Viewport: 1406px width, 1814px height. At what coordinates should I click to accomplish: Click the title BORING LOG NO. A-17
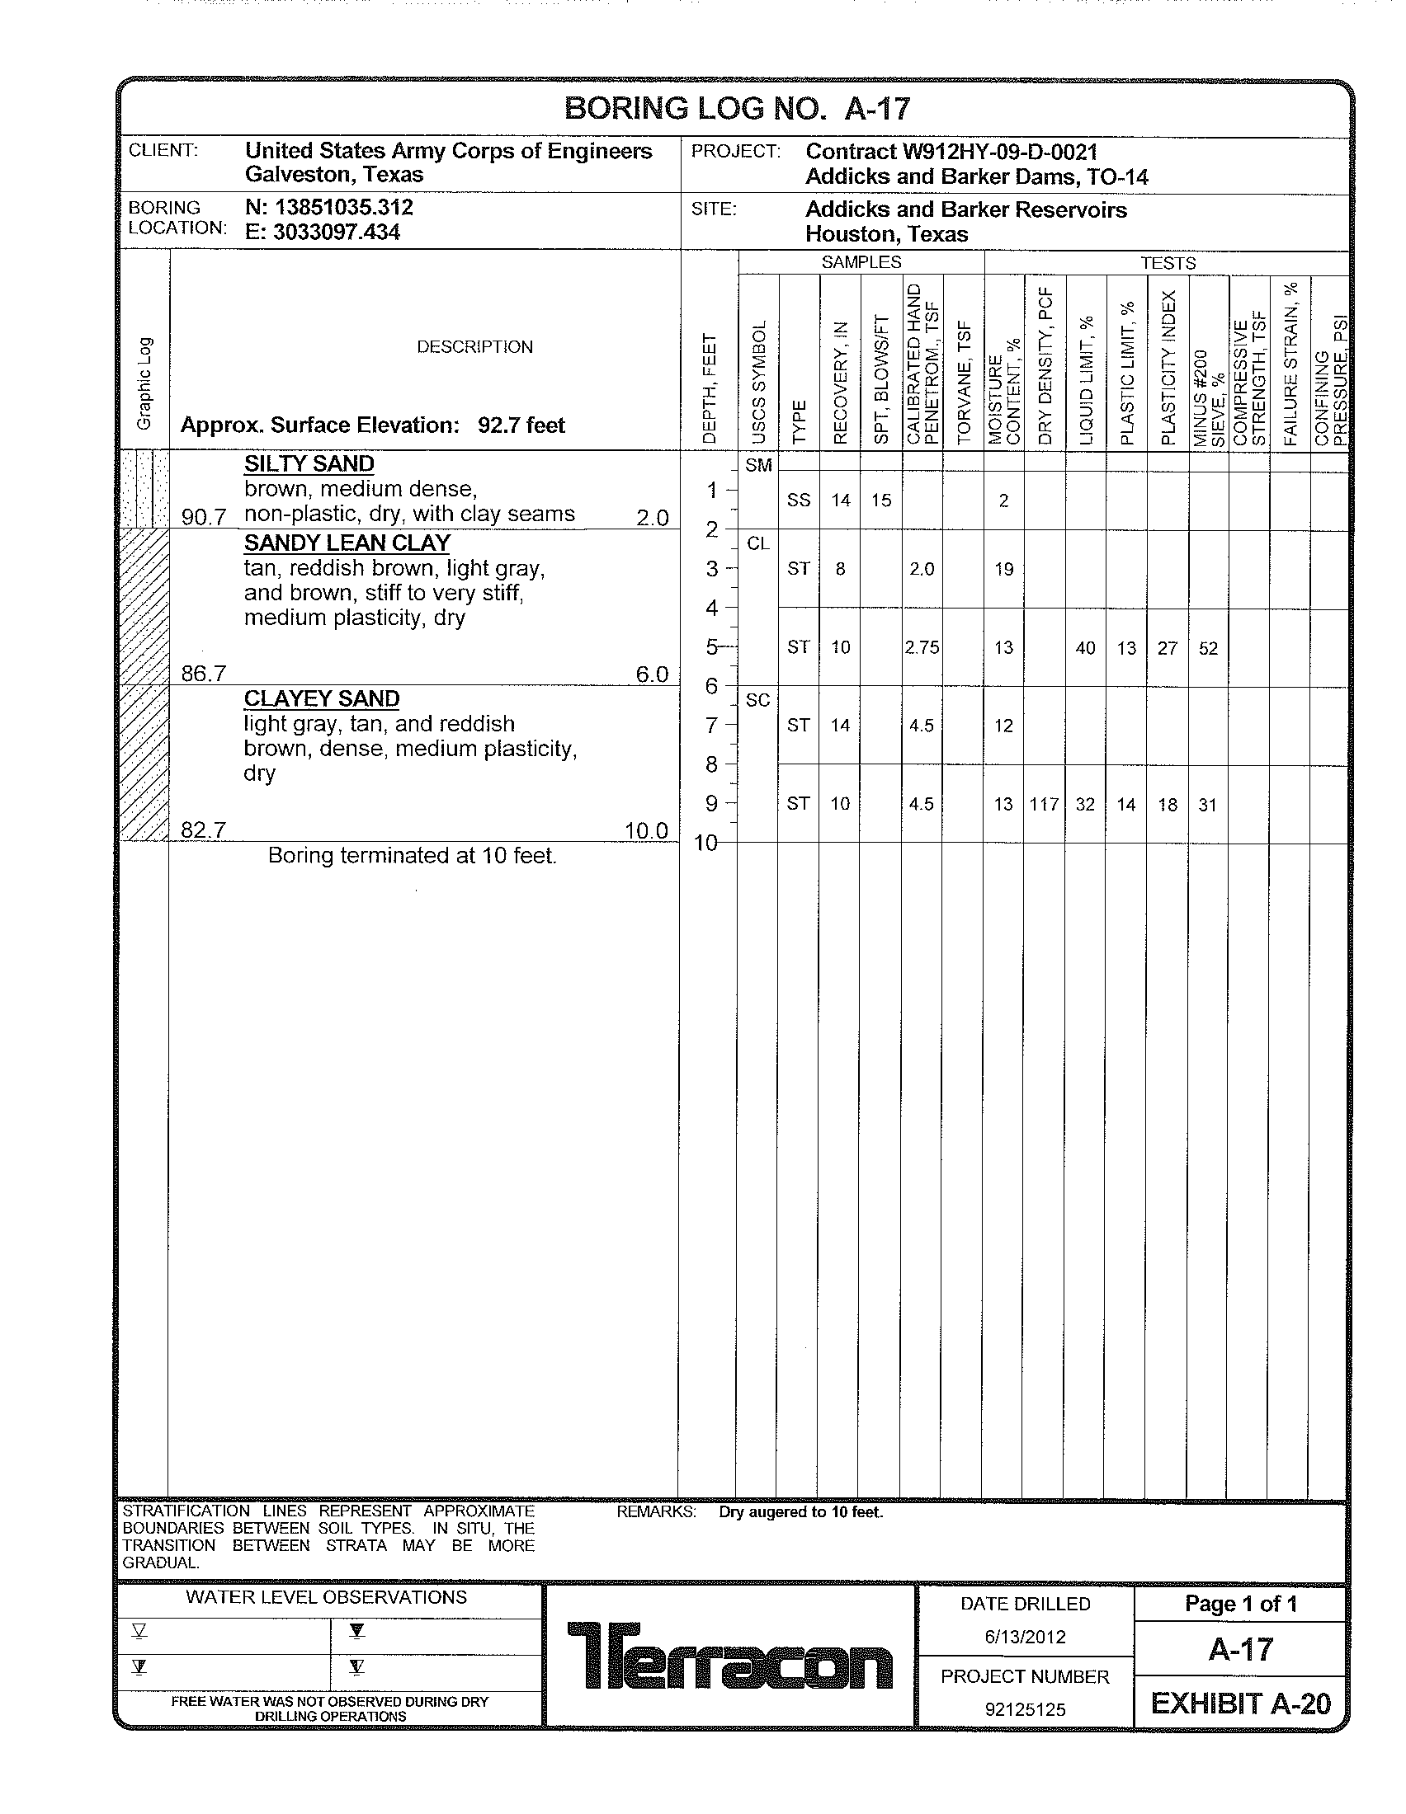(x=737, y=109)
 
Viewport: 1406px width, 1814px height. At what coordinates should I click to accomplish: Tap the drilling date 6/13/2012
(x=1025, y=1637)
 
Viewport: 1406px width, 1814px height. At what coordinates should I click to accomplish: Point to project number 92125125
(x=1025, y=1709)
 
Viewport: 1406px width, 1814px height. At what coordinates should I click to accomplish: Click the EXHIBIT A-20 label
(x=1240, y=1704)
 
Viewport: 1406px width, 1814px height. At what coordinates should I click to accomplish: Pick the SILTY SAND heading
(x=309, y=463)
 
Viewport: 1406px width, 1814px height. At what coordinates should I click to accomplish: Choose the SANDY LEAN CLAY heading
(x=347, y=543)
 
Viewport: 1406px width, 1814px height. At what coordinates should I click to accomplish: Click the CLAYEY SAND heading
(x=322, y=698)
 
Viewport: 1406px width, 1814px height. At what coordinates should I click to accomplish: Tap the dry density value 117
(x=1044, y=804)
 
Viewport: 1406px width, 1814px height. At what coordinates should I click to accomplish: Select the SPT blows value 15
(x=881, y=500)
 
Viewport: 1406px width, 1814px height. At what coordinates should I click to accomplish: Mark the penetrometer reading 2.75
(x=922, y=648)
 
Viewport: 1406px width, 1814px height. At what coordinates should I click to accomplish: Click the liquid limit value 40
(x=1085, y=648)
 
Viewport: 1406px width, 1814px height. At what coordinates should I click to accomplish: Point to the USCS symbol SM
(x=757, y=465)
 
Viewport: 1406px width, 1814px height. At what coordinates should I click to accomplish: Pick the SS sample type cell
(x=799, y=500)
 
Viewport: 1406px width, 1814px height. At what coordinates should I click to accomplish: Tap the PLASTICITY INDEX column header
(x=1168, y=368)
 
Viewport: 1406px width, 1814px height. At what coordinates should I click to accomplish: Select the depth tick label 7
(x=711, y=725)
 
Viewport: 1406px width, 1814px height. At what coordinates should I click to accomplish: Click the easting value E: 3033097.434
(x=323, y=232)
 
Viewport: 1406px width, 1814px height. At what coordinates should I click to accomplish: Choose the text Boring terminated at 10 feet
(x=413, y=856)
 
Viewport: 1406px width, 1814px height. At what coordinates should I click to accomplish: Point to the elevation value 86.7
(x=204, y=673)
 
